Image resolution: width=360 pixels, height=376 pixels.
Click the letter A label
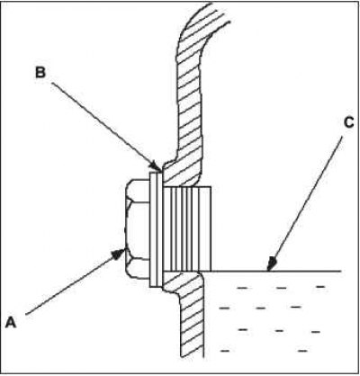coord(11,323)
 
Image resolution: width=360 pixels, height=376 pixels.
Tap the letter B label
coord(40,73)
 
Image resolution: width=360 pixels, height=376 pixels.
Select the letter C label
coord(348,123)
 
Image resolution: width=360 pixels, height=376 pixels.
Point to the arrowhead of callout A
coord(119,255)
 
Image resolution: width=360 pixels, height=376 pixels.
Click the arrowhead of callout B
coord(157,166)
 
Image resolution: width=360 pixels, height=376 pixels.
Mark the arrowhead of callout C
coord(271,264)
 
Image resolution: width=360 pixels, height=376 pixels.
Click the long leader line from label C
coord(305,204)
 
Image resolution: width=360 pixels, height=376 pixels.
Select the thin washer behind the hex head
coord(156,229)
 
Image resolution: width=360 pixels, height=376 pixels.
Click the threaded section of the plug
coord(181,229)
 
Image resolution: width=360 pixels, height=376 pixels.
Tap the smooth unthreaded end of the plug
coord(205,229)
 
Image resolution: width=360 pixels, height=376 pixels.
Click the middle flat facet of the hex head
coord(138,229)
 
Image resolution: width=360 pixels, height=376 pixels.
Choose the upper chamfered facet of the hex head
coord(138,191)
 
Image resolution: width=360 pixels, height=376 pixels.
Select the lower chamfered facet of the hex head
coord(138,269)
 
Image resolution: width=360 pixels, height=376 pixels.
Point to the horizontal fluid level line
coord(270,272)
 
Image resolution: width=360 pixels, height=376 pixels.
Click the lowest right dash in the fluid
coord(302,350)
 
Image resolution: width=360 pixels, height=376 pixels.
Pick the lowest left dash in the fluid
coord(225,350)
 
